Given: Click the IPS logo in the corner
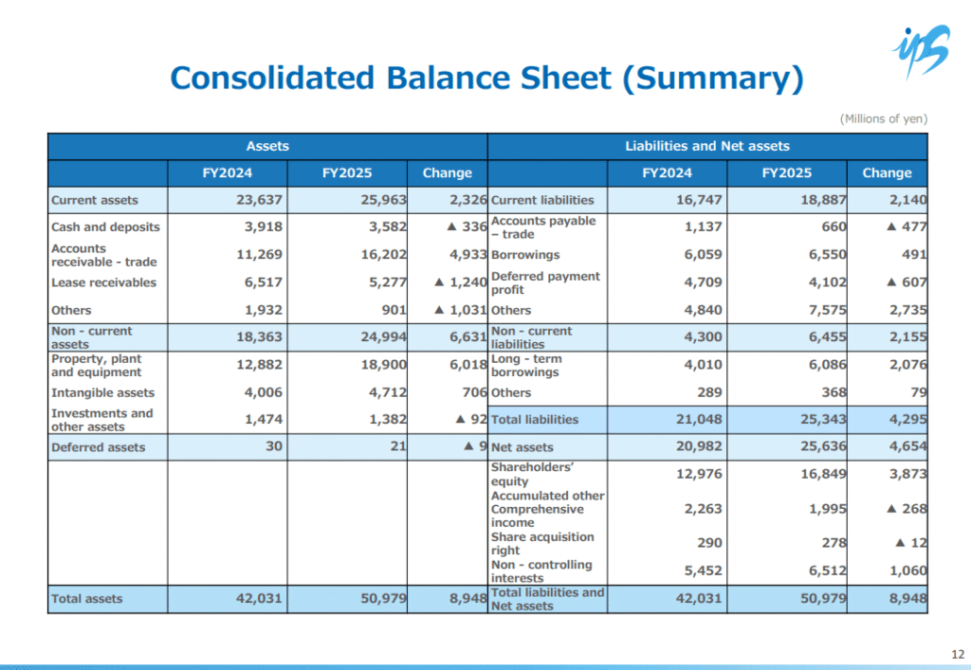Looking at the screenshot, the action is tap(922, 51).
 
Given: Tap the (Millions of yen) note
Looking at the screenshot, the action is tap(884, 118).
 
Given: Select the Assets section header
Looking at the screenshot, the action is tap(267, 147).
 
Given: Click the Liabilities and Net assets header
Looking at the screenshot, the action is tap(707, 147).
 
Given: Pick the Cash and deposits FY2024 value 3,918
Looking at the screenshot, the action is tap(264, 227).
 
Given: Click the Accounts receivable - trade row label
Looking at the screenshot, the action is tap(104, 255).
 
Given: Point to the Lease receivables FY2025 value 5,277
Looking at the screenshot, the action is tap(388, 282).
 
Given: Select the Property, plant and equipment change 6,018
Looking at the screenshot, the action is tap(468, 365).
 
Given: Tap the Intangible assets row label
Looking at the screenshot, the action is tap(102, 393).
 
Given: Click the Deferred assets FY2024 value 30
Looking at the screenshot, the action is tap(274, 446).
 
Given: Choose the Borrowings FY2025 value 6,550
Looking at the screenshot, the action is tap(828, 254).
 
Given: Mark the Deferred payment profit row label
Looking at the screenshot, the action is tap(545, 282).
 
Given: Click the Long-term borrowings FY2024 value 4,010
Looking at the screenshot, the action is tap(703, 365).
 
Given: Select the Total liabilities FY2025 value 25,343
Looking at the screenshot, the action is tap(824, 420).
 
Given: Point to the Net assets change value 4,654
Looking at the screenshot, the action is tap(908, 446).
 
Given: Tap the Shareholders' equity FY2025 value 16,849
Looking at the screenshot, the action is tap(824, 474).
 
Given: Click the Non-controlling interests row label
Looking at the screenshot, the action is tap(541, 571).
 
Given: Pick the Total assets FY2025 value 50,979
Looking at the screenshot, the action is tap(384, 599).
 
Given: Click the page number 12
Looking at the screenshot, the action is tap(958, 655).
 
